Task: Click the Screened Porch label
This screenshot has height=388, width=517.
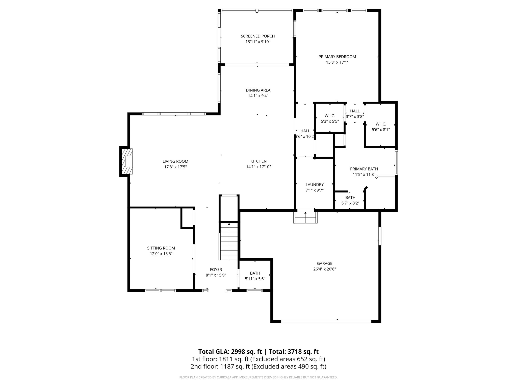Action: pos(258,36)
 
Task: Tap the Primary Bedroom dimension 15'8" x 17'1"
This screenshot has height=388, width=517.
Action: pos(337,62)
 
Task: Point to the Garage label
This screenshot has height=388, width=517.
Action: pos(324,263)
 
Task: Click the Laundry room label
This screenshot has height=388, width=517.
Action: pos(314,185)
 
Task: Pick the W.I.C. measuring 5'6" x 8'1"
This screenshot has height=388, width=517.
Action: pos(381,127)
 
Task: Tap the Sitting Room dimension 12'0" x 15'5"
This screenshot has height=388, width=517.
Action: pos(161,254)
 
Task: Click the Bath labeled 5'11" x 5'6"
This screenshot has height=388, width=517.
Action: pos(255,276)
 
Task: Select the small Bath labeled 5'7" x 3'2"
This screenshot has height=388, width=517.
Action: pos(350,200)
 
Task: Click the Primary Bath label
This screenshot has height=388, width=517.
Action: pos(364,169)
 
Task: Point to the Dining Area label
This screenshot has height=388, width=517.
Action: pos(258,90)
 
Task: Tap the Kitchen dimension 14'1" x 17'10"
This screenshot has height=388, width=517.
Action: pos(258,167)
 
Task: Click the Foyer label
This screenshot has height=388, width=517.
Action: pos(216,270)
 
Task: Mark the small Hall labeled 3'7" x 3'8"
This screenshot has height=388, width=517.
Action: pos(355,114)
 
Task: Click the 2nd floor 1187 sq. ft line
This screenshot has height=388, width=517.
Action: pos(258,366)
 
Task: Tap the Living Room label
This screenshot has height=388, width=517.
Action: pos(175,161)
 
